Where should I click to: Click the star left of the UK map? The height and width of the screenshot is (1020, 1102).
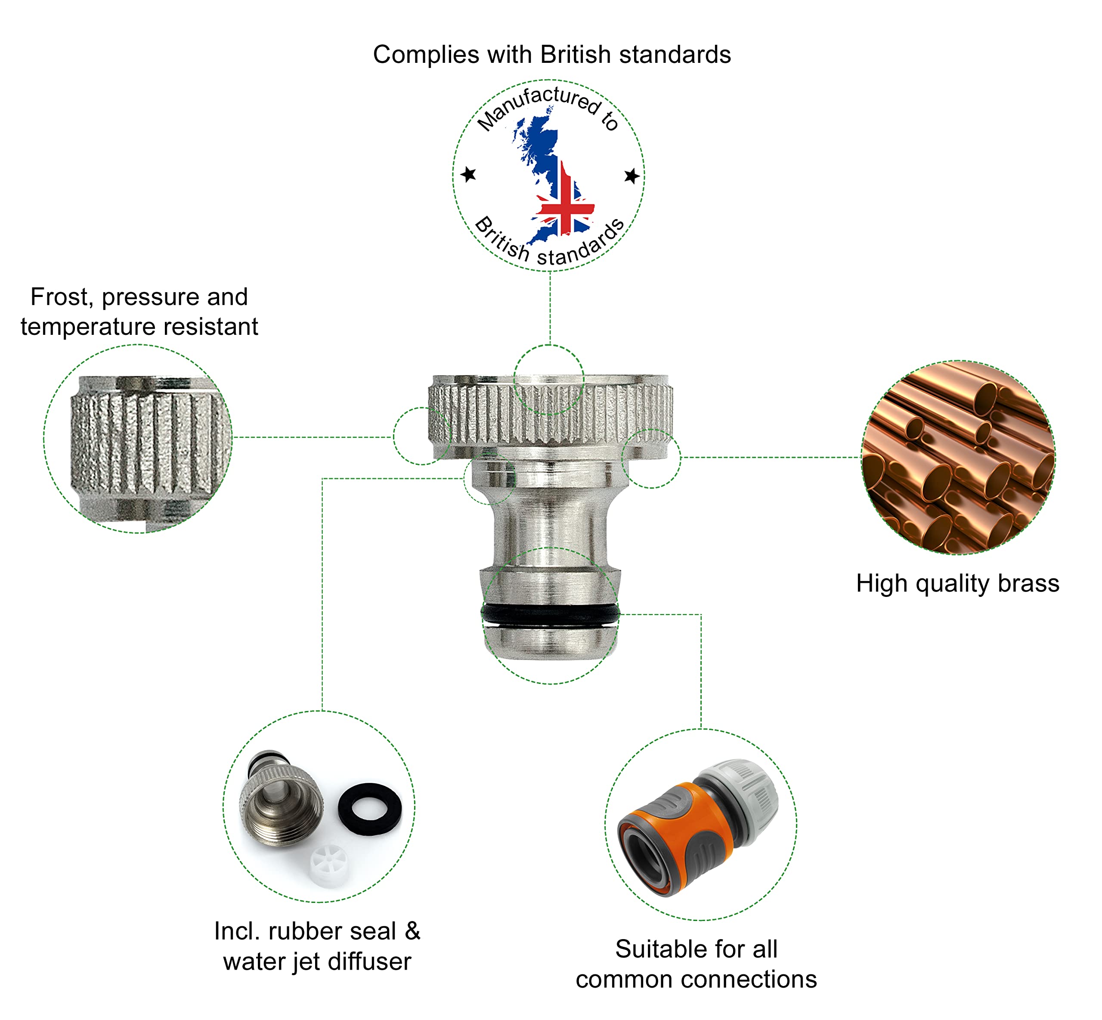(468, 174)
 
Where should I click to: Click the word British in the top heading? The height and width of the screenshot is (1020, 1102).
(576, 55)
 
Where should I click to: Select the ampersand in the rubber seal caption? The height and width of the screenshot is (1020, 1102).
(412, 932)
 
